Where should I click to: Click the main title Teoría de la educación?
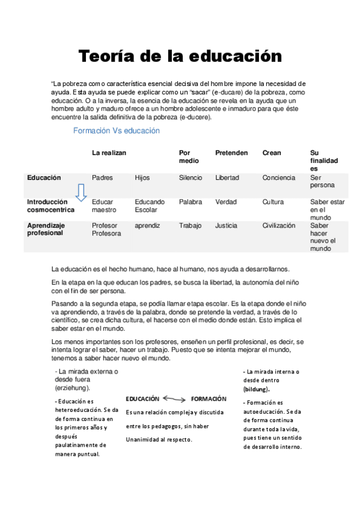pyautogui.click(x=180, y=57)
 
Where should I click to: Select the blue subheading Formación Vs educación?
pyautogui.click(x=116, y=131)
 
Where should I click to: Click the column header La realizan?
pyautogui.click(x=109, y=153)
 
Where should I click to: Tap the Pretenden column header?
pyautogui.click(x=231, y=153)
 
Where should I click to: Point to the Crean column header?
pyautogui.click(x=272, y=153)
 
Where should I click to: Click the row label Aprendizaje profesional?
pyautogui.click(x=46, y=229)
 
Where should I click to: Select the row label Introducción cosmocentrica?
pyautogui.click(x=50, y=206)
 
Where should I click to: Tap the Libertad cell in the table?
pyautogui.click(x=227, y=178)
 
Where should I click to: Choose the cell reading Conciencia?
pyautogui.click(x=279, y=178)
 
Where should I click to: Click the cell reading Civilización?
pyautogui.click(x=279, y=226)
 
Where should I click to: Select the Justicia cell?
pyautogui.click(x=226, y=226)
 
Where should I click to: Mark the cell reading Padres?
pyautogui.click(x=102, y=178)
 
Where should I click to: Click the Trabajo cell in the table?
pyautogui.click(x=190, y=226)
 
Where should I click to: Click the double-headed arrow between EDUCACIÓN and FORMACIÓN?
pyautogui.click(x=175, y=398)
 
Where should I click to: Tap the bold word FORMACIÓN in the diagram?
pyautogui.click(x=209, y=398)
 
